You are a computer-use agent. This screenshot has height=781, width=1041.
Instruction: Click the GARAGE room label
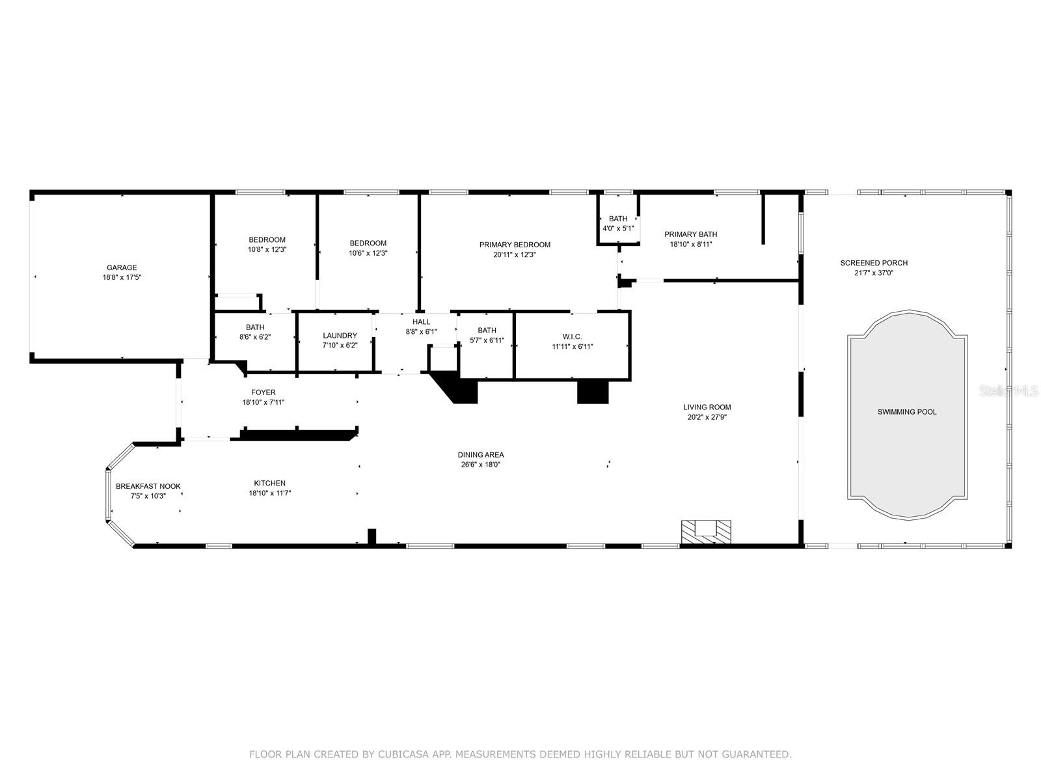pos(122,267)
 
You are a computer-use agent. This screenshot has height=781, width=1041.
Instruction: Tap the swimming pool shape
pos(907,417)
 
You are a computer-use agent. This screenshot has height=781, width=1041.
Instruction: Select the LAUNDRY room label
pos(340,336)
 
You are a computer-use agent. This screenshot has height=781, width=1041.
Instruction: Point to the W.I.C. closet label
pos(572,336)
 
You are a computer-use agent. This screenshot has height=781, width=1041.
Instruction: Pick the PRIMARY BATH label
pos(690,234)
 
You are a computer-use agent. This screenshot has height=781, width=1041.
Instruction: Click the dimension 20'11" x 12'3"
pos(515,255)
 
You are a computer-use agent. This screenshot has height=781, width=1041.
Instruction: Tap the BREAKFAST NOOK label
pos(148,486)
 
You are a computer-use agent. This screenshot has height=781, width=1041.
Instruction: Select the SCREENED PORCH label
pos(873,263)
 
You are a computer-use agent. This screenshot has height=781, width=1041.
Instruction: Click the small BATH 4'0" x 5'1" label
pos(618,219)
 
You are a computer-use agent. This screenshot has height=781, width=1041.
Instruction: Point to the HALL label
pos(421,322)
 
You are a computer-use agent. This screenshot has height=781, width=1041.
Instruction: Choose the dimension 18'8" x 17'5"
pos(122,277)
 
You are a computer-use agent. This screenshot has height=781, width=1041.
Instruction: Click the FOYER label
pos(264,392)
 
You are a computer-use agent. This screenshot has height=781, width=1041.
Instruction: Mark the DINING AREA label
pos(480,455)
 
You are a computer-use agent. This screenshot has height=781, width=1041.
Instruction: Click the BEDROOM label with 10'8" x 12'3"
pos(267,240)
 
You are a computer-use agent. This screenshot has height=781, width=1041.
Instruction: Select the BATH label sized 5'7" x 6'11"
pos(487,331)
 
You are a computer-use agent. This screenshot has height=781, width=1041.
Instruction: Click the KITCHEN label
pos(269,483)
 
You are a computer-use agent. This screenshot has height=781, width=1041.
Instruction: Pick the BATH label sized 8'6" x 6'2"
pos(255,327)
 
